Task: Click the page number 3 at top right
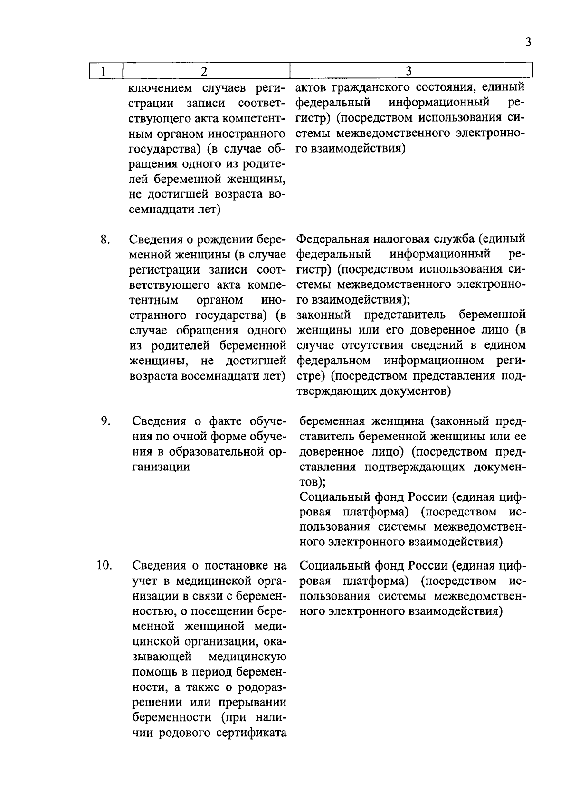(x=528, y=42)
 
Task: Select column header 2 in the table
(x=204, y=71)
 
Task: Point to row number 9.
(x=105, y=421)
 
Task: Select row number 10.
(x=104, y=565)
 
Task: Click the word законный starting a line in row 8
(x=323, y=315)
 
